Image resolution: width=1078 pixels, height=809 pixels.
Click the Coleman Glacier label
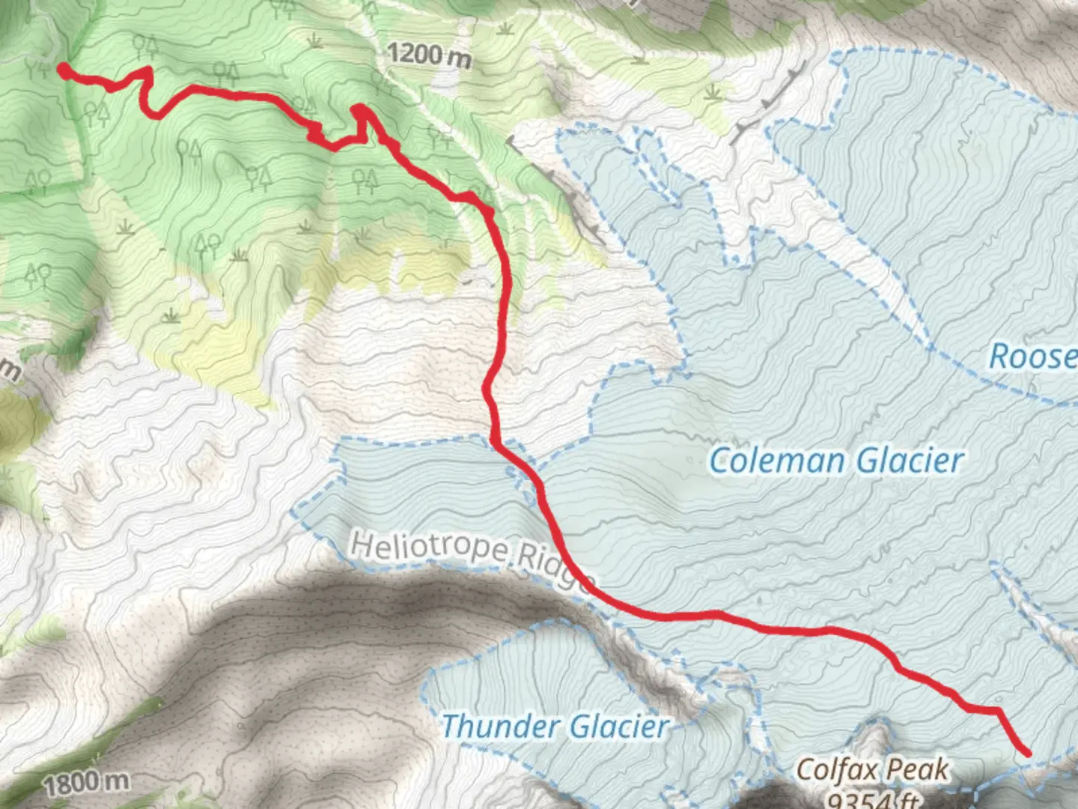pos(836,460)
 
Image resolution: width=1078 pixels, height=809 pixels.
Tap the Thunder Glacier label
pos(555,726)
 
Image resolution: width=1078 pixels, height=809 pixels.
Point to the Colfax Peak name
pos(872,769)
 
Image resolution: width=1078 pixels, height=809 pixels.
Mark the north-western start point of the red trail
pos(64,70)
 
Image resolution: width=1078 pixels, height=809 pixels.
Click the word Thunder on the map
pos(498,726)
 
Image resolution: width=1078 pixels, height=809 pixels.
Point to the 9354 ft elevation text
pos(872,799)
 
